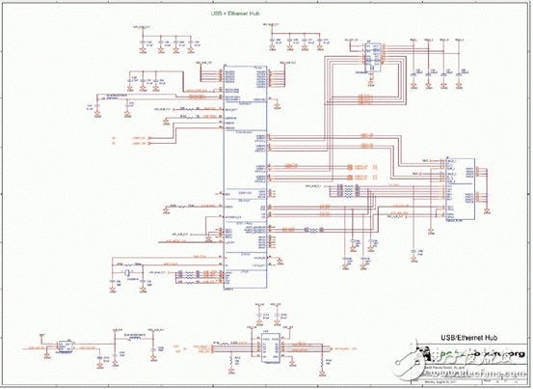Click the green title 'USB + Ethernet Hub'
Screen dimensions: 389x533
pyautogui.click(x=236, y=14)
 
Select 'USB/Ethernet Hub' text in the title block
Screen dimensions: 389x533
pyautogui.click(x=466, y=338)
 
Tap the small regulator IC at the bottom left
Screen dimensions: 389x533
pyautogui.click(x=64, y=345)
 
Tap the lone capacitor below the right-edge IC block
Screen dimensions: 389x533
pyautogui.click(x=421, y=250)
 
